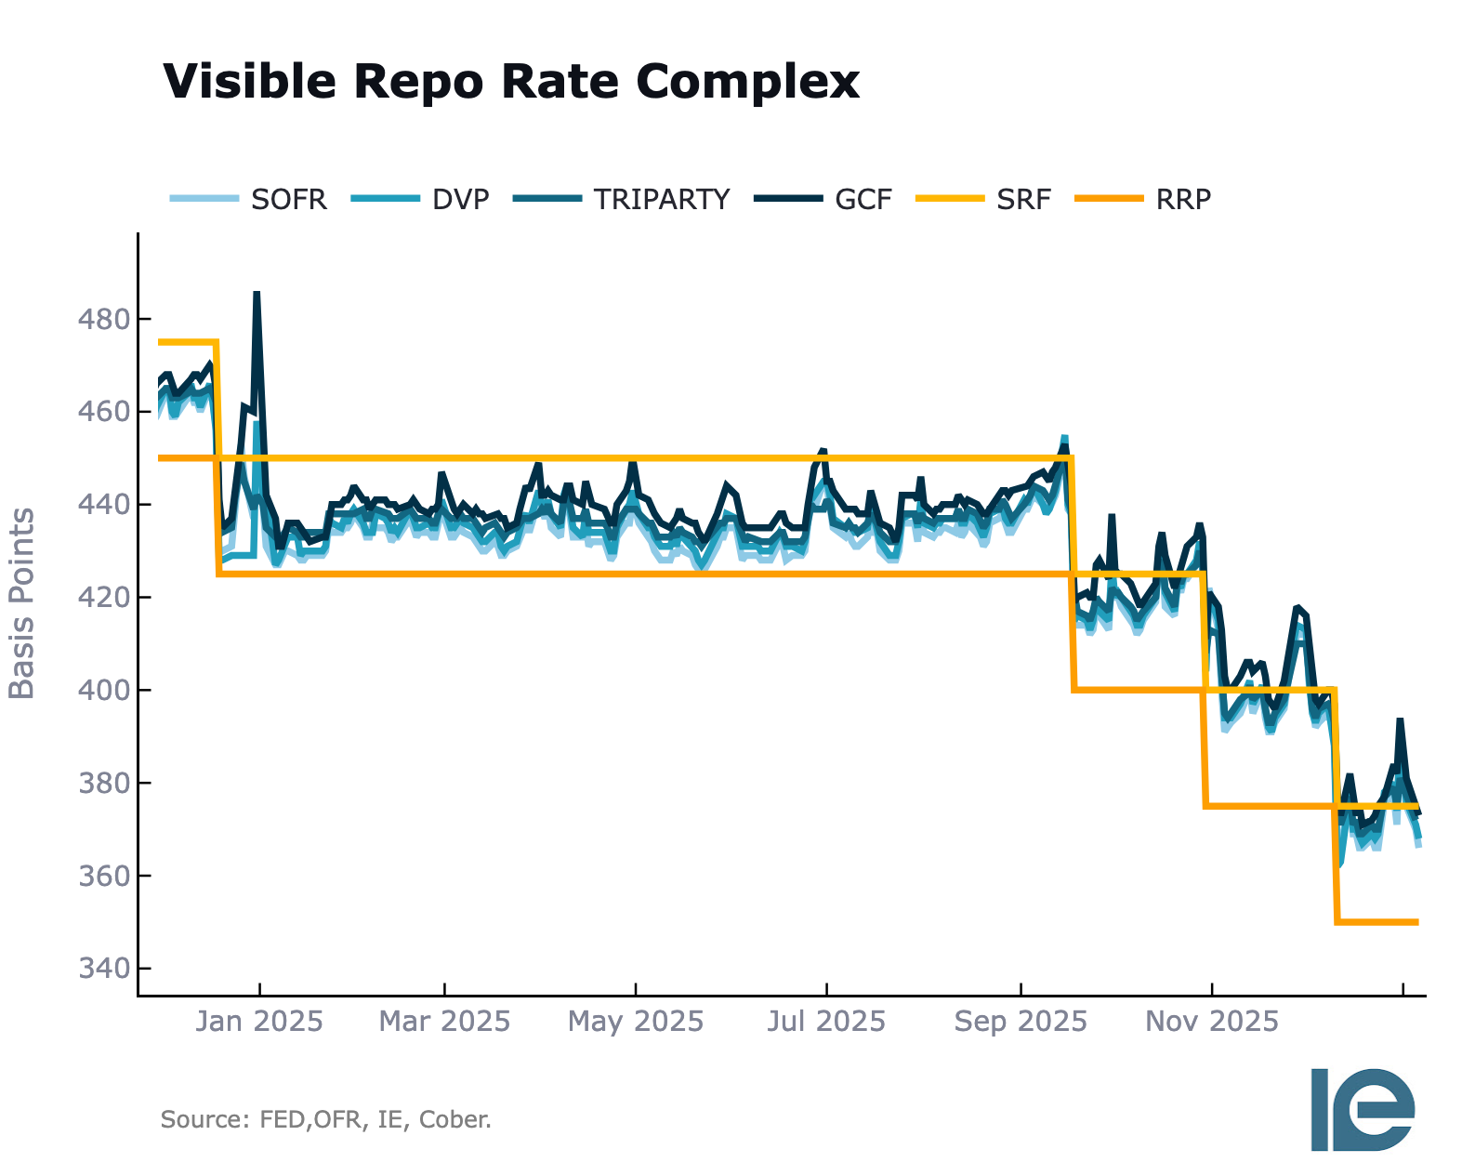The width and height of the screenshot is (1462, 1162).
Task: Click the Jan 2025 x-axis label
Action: point(259,1022)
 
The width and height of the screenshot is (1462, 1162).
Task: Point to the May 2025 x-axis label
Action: point(636,1022)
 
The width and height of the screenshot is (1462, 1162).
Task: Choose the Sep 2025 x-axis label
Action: point(1021,1022)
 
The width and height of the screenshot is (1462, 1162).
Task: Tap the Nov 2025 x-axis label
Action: point(1212,1022)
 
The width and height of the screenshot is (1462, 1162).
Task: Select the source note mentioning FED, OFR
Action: point(325,1119)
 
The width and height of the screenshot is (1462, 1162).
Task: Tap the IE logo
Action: point(1363,1109)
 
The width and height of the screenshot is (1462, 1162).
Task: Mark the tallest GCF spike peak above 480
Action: point(257,293)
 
